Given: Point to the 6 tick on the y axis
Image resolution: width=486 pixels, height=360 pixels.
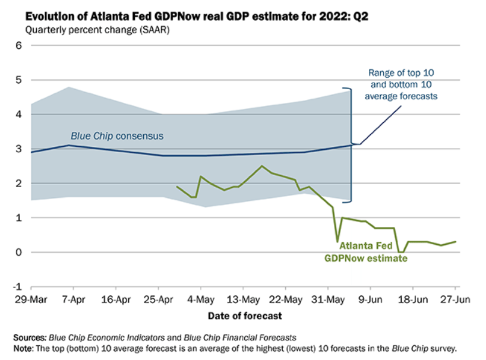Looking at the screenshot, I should pos(18,45).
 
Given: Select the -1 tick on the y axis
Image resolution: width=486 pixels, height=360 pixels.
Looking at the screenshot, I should pos(17,286).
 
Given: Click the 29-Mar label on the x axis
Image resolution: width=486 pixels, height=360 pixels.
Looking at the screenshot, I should pos(30,299).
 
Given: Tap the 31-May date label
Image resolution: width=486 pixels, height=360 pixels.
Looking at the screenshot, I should pos(330,299).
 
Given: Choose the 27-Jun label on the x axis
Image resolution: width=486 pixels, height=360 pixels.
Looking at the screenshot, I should pos(455,299).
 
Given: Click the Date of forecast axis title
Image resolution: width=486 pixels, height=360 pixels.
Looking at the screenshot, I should pos(245,315).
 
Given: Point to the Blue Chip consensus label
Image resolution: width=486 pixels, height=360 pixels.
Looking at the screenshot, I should pos(116,136).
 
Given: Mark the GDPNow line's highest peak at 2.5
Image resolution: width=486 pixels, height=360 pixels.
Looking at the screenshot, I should pos(262,166).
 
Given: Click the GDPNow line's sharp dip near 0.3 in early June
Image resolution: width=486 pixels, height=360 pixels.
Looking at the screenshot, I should pos(337,241).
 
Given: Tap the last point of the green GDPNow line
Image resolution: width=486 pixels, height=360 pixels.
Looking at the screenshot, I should pos(456,241).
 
